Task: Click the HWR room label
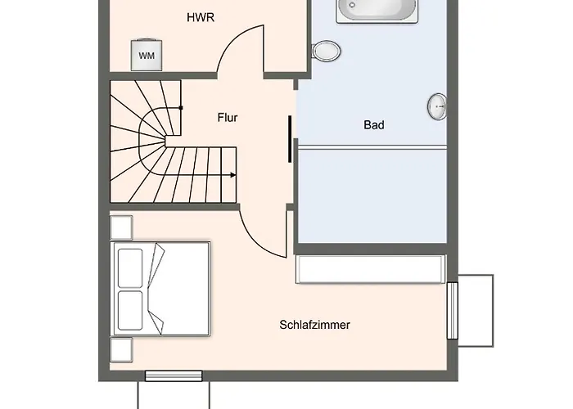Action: (201, 17)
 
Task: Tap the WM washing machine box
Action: (147, 56)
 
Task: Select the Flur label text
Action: (228, 118)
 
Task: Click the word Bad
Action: (374, 125)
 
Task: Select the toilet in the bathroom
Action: (327, 52)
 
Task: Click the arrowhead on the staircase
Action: (233, 175)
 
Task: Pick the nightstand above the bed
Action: (121, 227)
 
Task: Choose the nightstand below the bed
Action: (121, 350)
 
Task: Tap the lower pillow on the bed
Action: (130, 308)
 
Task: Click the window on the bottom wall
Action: (173, 376)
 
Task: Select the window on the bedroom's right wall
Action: (452, 310)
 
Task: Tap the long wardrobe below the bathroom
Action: (370, 269)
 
